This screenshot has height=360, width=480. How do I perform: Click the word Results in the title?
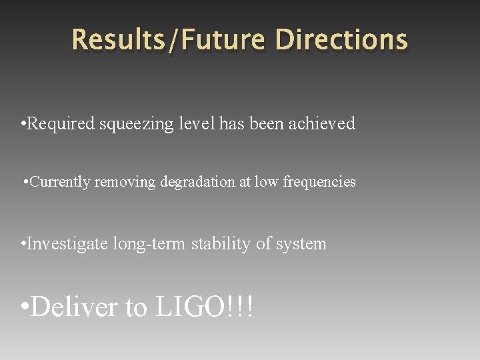click(x=119, y=39)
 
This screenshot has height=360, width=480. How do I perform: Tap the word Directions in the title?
click(x=341, y=39)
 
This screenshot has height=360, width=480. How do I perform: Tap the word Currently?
click(x=61, y=182)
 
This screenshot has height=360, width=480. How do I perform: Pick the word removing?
click(x=124, y=182)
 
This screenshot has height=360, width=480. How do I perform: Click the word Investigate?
click(x=69, y=244)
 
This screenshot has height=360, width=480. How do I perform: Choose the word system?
click(x=301, y=245)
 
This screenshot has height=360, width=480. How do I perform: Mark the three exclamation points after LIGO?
click(x=241, y=307)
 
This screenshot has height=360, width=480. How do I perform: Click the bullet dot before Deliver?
click(x=25, y=308)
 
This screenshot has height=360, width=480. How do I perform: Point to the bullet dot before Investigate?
click(x=24, y=245)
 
